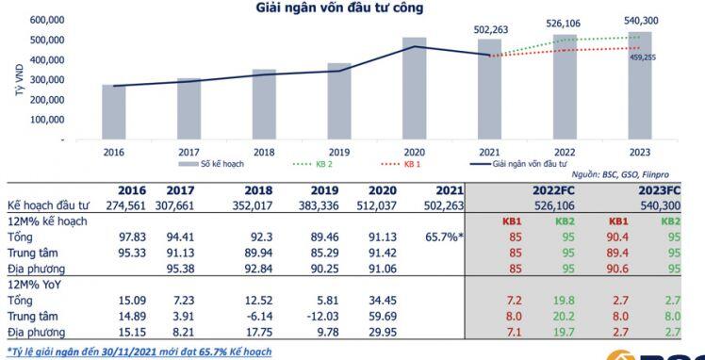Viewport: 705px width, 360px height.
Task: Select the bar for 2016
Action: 114,111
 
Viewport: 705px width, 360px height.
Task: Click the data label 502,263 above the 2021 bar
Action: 490,29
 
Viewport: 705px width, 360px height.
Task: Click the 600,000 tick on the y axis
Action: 47,20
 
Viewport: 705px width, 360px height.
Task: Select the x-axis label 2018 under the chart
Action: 264,151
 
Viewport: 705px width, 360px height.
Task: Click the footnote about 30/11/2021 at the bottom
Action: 139,351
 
